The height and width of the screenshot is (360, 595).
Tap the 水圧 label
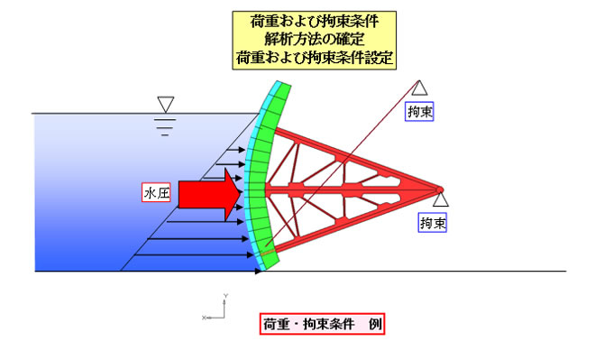click(x=157, y=193)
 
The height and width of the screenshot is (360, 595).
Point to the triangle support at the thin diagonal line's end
click(x=419, y=88)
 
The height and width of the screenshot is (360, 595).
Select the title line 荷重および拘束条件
click(x=315, y=19)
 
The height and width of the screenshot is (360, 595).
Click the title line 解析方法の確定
click(x=315, y=38)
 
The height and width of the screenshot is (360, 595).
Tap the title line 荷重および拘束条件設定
click(x=315, y=56)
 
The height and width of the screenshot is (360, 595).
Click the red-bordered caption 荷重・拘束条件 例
click(x=323, y=323)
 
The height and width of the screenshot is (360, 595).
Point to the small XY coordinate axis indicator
click(x=222, y=309)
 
